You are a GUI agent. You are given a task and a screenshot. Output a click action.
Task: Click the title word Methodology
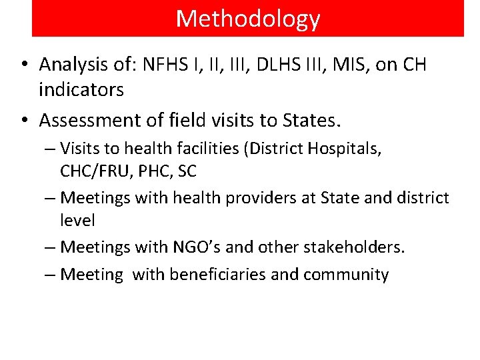point(248,19)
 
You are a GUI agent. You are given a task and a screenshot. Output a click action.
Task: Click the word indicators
point(81,89)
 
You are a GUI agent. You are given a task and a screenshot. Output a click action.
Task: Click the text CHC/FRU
point(94,171)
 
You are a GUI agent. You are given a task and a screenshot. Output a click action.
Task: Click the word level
point(77,220)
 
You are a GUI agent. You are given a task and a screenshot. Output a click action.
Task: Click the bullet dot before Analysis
point(23,65)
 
